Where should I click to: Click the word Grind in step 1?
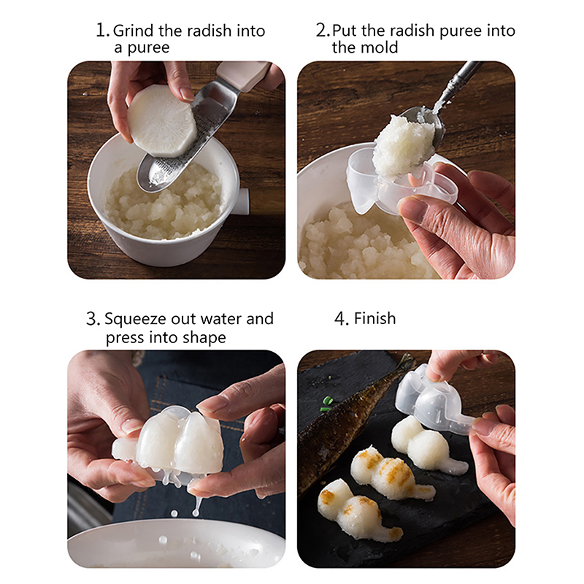[134, 31]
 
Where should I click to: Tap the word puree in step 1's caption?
[148, 48]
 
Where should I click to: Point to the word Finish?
[374, 318]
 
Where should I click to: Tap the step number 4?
[341, 319]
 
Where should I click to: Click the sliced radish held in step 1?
[161, 120]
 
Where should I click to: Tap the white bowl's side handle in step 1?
[242, 201]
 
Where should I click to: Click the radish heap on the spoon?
[404, 145]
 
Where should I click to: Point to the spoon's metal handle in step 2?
[461, 81]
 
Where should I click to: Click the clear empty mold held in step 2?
[402, 182]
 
